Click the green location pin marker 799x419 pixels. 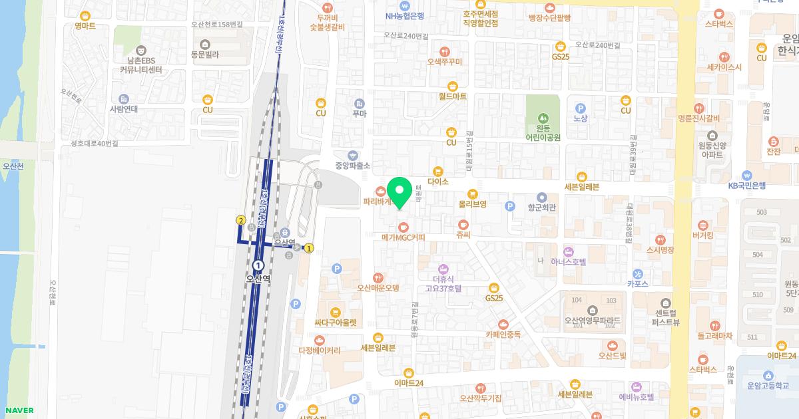[400, 193]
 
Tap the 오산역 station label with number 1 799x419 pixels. [258, 279]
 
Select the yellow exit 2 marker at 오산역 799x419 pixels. [241, 220]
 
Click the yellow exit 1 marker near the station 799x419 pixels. [309, 248]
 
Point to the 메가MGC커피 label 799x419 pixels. [403, 237]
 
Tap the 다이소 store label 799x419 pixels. [438, 181]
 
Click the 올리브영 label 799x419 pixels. [472, 204]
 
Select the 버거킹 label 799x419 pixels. [703, 235]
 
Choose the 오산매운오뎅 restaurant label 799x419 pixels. [378, 288]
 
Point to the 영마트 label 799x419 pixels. [85, 26]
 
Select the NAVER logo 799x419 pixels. [18, 410]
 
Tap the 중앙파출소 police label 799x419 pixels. [353, 165]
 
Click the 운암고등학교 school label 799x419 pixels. [768, 385]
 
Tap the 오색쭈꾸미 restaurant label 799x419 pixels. [445, 61]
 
